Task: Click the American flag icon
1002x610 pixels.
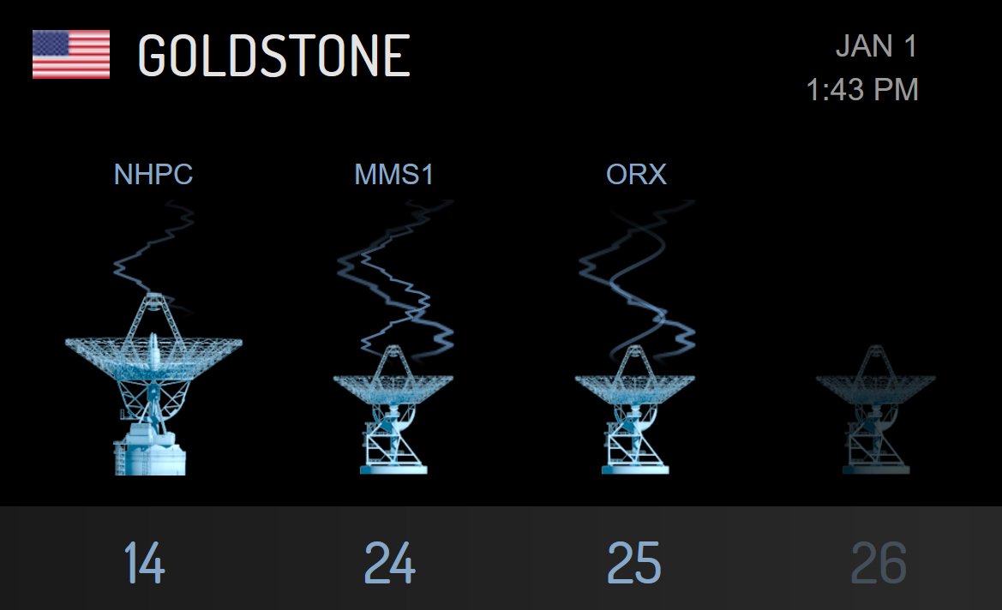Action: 71,55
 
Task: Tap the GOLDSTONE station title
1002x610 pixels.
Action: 273,57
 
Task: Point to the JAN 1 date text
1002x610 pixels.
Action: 876,46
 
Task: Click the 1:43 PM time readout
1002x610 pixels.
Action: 862,89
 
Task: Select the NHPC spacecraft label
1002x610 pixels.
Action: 153,175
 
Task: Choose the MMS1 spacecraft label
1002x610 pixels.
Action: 394,175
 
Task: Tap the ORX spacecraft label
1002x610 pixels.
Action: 636,175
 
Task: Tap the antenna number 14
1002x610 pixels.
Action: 144,563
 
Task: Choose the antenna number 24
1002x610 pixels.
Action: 390,563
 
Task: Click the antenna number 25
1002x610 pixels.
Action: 634,563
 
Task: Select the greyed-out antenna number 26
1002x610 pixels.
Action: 879,563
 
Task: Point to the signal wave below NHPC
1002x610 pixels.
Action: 150,253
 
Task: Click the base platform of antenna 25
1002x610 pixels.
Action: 635,468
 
